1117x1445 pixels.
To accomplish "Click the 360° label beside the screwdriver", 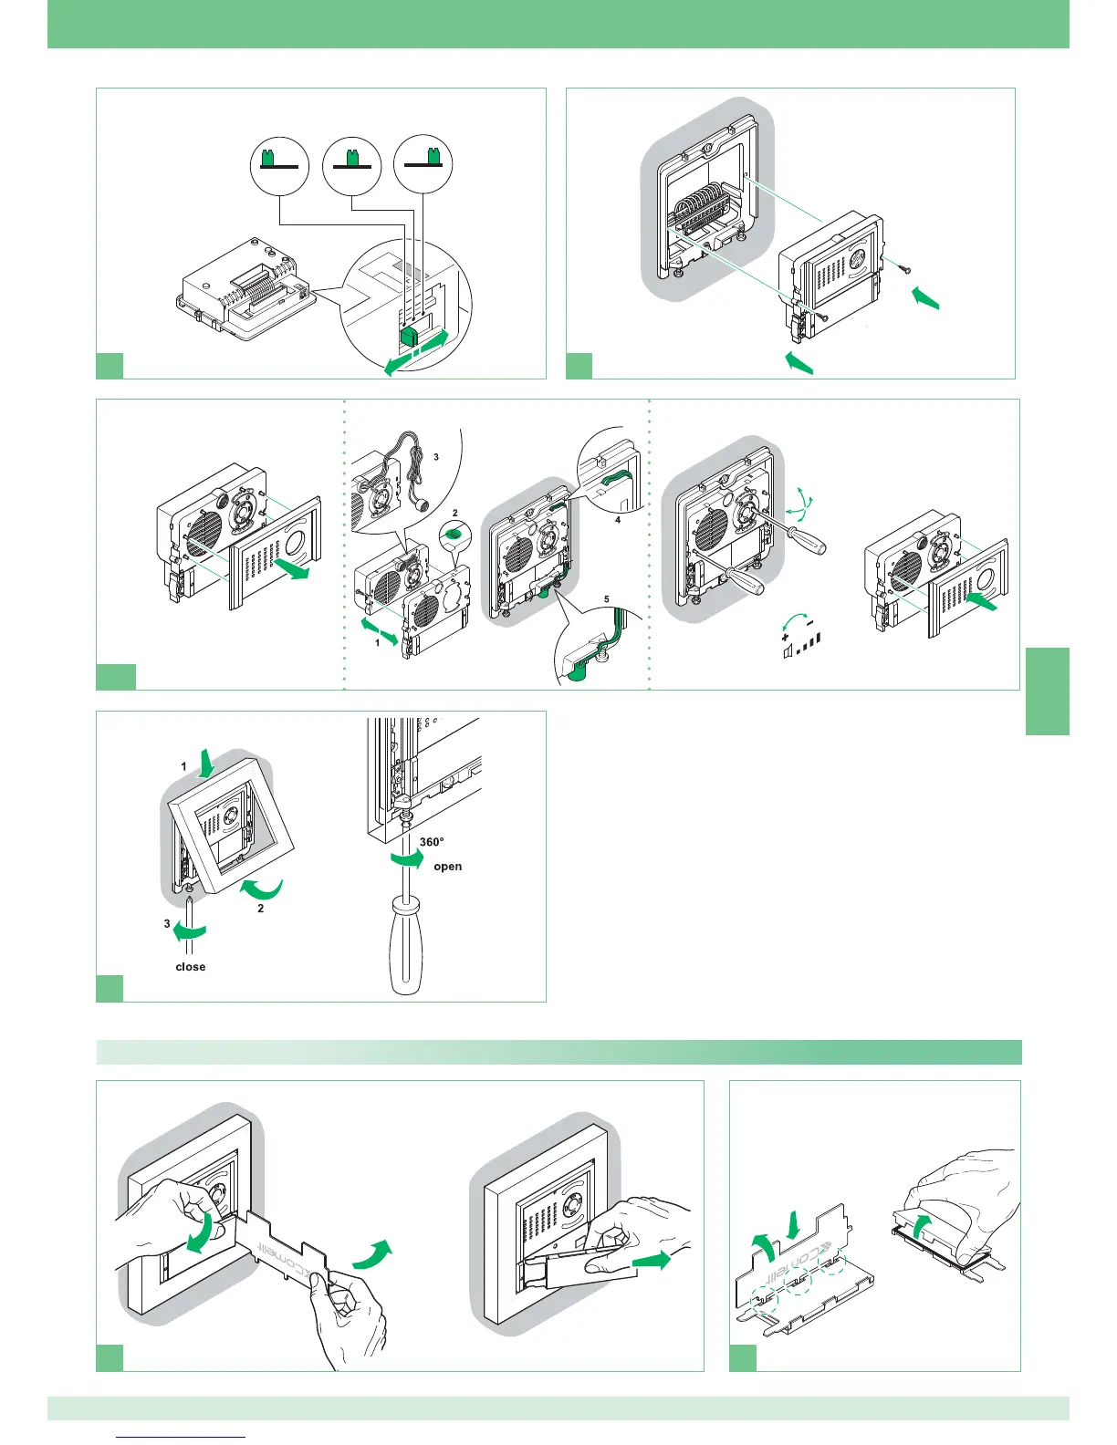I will click(x=432, y=842).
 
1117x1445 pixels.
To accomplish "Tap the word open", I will click(x=447, y=867).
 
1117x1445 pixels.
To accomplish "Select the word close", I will click(x=190, y=967).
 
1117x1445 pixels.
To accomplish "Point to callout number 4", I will click(x=618, y=520).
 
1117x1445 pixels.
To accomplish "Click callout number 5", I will click(x=606, y=600).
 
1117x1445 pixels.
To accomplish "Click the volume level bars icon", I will click(x=803, y=652).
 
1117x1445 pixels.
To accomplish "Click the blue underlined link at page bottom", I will click(x=182, y=1438).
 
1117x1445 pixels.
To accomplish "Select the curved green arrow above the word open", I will click(x=406, y=860).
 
